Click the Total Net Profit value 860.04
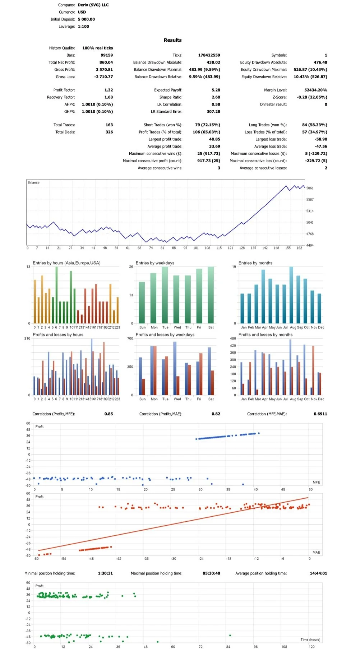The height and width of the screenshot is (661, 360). pyautogui.click(x=106, y=62)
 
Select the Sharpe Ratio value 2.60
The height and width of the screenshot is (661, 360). pyautogui.click(x=216, y=97)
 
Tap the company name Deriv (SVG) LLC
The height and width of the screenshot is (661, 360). pyautogui.click(x=93, y=5)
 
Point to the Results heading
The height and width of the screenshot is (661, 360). pyautogui.click(x=172, y=40)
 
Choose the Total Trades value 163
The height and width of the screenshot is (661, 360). pyautogui.click(x=109, y=125)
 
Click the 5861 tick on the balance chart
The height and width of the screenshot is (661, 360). pyautogui.click(x=310, y=188)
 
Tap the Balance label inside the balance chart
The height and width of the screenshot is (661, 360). pyautogui.click(x=33, y=183)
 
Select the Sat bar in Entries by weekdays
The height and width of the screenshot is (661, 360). pyautogui.click(x=211, y=295)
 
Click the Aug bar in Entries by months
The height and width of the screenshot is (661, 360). pyautogui.click(x=291, y=295)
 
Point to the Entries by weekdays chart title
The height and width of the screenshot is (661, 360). pyautogui.click(x=155, y=263)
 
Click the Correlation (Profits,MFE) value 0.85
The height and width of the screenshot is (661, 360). pyautogui.click(x=109, y=414)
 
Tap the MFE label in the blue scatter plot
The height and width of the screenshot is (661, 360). pyautogui.click(x=316, y=483)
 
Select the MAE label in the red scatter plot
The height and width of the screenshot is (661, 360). pyautogui.click(x=316, y=553)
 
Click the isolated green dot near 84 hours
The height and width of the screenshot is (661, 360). pyautogui.click(x=230, y=636)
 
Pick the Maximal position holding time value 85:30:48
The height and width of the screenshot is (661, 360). pyautogui.click(x=211, y=573)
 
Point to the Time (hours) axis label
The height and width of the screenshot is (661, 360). pyautogui.click(x=310, y=640)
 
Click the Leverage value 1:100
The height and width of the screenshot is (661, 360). pyautogui.click(x=83, y=27)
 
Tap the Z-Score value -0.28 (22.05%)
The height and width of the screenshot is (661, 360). pyautogui.click(x=312, y=97)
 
